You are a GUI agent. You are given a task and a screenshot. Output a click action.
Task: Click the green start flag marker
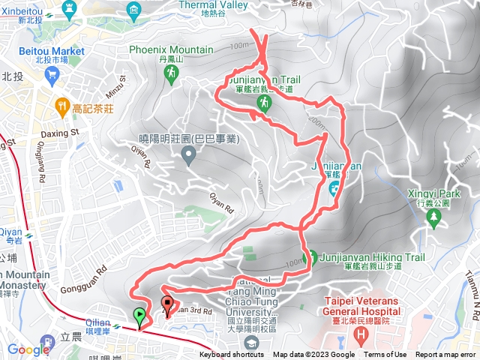(x=139, y=316)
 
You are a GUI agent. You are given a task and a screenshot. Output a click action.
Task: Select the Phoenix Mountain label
(x=171, y=49)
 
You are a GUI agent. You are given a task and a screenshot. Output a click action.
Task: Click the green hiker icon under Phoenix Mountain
(x=171, y=73)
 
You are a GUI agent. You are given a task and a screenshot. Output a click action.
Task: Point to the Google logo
(x=28, y=349)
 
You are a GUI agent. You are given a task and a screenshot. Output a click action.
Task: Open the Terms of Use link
(x=385, y=355)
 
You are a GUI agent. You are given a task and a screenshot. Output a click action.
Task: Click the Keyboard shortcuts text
(x=232, y=355)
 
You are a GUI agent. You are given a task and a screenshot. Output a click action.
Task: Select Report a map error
(x=447, y=355)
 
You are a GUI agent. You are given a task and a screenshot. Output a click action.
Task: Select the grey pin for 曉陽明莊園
(x=188, y=155)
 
